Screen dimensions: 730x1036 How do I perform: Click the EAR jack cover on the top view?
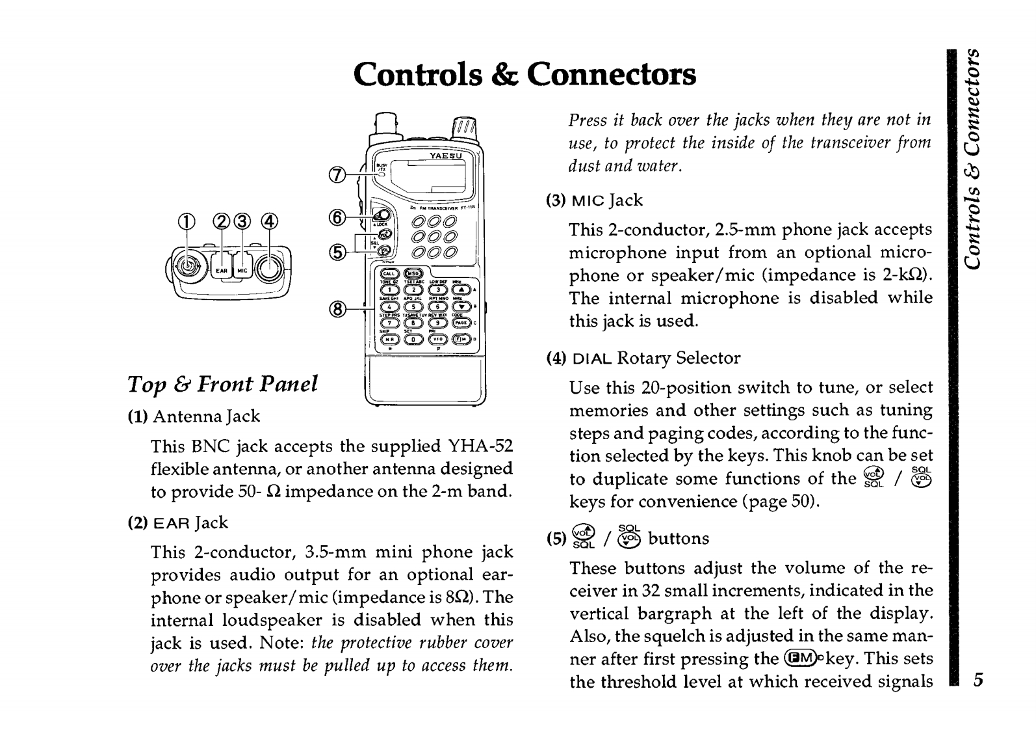pos(222,269)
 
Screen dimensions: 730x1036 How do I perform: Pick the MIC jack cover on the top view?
pos(242,269)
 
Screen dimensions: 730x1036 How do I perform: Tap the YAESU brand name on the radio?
pos(446,156)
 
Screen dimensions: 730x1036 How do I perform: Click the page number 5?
pos(978,681)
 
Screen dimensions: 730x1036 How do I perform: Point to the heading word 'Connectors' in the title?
pos(611,75)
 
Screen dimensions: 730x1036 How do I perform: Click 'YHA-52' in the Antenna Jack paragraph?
pos(480,446)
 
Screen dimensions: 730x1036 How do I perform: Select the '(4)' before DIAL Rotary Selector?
pos(556,358)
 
